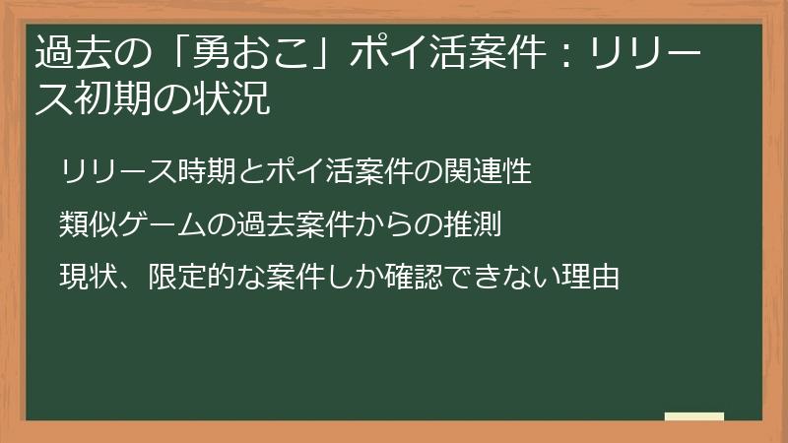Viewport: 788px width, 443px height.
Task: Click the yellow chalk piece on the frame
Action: pyautogui.click(x=693, y=416)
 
